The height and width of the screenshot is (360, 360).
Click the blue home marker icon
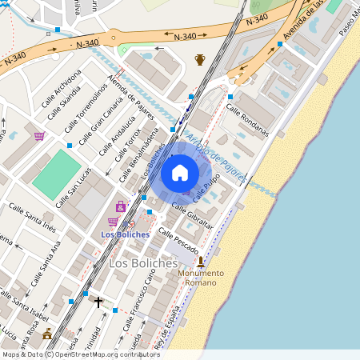point(180,173)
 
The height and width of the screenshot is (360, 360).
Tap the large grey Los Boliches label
point(142,263)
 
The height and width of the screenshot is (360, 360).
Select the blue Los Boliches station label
point(126,234)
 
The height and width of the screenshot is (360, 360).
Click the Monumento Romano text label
point(200,277)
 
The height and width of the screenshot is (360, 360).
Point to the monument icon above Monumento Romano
point(200,261)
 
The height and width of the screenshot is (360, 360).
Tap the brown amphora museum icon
point(200,60)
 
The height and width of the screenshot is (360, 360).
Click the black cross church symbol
point(98,302)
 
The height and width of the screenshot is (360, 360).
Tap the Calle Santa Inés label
point(33,217)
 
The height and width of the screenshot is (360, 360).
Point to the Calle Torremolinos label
point(87,102)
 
